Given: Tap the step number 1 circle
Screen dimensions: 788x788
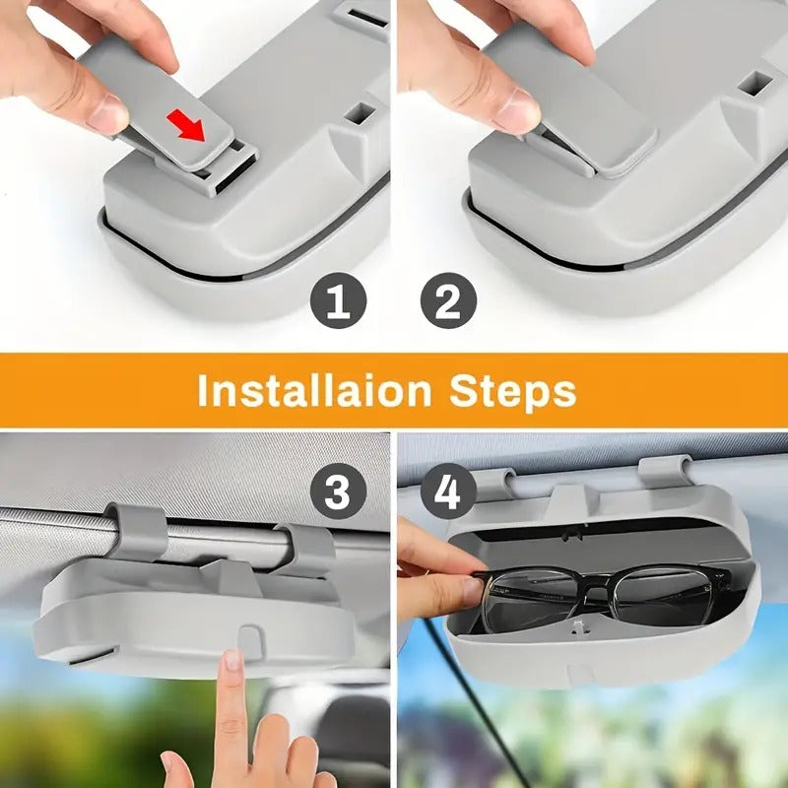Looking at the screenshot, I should point(338,302).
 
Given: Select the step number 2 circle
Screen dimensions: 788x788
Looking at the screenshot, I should point(448,302).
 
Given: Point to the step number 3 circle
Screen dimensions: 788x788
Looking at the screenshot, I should point(338,491).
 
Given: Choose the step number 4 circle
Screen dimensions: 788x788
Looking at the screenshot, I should point(448,491).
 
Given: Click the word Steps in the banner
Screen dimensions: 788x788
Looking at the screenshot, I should point(513,391).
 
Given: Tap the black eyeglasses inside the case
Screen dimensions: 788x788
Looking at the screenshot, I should point(601,596).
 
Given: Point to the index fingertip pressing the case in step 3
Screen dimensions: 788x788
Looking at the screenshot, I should point(231,662).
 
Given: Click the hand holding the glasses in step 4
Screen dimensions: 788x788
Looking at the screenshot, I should point(433,571).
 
